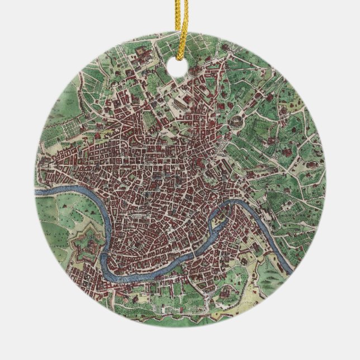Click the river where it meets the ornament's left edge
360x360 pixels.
point(38,193)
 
